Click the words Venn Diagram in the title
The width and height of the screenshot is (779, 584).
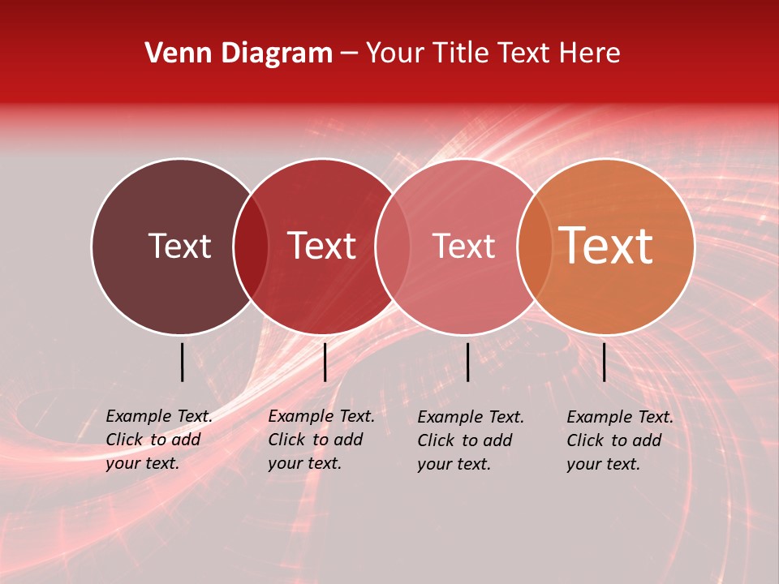tap(239, 54)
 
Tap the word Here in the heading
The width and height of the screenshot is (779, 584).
tap(589, 54)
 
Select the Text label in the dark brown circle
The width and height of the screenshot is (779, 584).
tap(179, 246)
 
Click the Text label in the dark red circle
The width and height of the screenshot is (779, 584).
tap(322, 246)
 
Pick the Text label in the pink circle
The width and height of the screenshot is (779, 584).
tap(463, 246)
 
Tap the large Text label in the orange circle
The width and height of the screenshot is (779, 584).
tap(606, 246)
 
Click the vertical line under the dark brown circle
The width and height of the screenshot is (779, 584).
tap(182, 362)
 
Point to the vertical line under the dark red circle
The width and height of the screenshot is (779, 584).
tap(325, 362)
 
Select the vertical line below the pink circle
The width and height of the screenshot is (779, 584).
tap(467, 362)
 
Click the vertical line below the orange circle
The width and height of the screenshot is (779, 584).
tap(604, 362)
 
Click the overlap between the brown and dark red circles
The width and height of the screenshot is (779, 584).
tap(251, 247)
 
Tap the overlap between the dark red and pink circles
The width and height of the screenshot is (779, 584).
tap(393, 247)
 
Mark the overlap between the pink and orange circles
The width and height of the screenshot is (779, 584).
tap(534, 247)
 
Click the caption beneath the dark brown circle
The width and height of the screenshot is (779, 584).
tap(159, 440)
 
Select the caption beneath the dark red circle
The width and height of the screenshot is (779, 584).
tap(321, 440)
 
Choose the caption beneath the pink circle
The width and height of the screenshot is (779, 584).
tap(471, 440)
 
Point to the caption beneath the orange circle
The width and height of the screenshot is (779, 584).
tap(620, 440)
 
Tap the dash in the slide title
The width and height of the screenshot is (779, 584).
tap(349, 54)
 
